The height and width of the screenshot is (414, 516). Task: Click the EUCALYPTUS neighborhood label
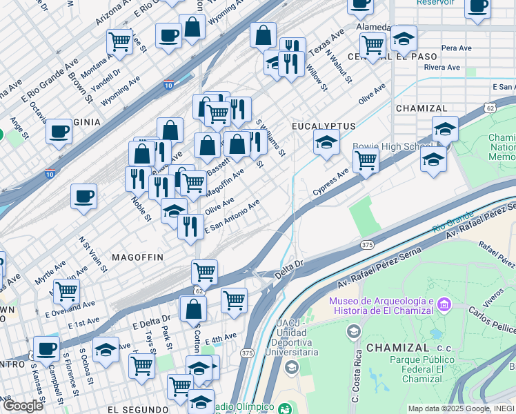point(324,126)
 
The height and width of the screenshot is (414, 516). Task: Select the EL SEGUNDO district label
point(138,409)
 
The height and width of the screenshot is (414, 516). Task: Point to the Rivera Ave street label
point(442,68)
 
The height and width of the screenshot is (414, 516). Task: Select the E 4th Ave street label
point(221,338)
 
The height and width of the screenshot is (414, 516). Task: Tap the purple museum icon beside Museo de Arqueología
point(443,304)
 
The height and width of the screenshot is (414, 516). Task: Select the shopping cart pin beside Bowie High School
point(366,161)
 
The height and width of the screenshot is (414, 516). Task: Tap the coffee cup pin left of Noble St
point(83,196)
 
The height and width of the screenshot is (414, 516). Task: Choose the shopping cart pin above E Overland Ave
point(66,290)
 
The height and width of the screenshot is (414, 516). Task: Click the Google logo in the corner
point(23,405)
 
